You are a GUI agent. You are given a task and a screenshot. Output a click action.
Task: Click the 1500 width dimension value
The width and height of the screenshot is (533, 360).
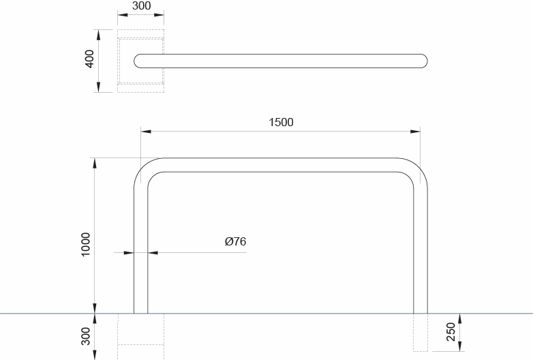click(x=281, y=123)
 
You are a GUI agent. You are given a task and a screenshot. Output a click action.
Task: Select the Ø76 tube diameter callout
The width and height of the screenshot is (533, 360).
click(x=235, y=241)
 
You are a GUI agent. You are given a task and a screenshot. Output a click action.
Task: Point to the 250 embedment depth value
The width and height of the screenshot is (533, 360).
click(x=451, y=332)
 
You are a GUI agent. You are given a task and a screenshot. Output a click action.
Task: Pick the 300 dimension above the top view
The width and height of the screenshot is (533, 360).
click(x=141, y=6)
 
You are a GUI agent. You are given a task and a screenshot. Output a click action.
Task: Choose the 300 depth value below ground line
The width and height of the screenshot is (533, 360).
click(x=86, y=335)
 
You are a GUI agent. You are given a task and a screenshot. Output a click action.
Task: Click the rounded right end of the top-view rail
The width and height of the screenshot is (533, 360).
click(x=423, y=61)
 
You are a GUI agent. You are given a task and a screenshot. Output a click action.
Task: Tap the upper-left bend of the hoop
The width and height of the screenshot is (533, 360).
click(x=144, y=169)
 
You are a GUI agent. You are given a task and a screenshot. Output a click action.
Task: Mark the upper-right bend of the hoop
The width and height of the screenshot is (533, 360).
click(x=417, y=169)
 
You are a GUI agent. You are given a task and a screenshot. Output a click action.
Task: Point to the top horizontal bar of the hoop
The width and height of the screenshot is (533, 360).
click(x=281, y=165)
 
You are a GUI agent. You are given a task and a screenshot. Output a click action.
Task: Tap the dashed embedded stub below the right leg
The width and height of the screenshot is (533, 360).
click(x=421, y=333)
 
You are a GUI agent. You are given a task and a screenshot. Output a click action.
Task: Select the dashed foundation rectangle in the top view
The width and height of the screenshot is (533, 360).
click(x=140, y=61)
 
